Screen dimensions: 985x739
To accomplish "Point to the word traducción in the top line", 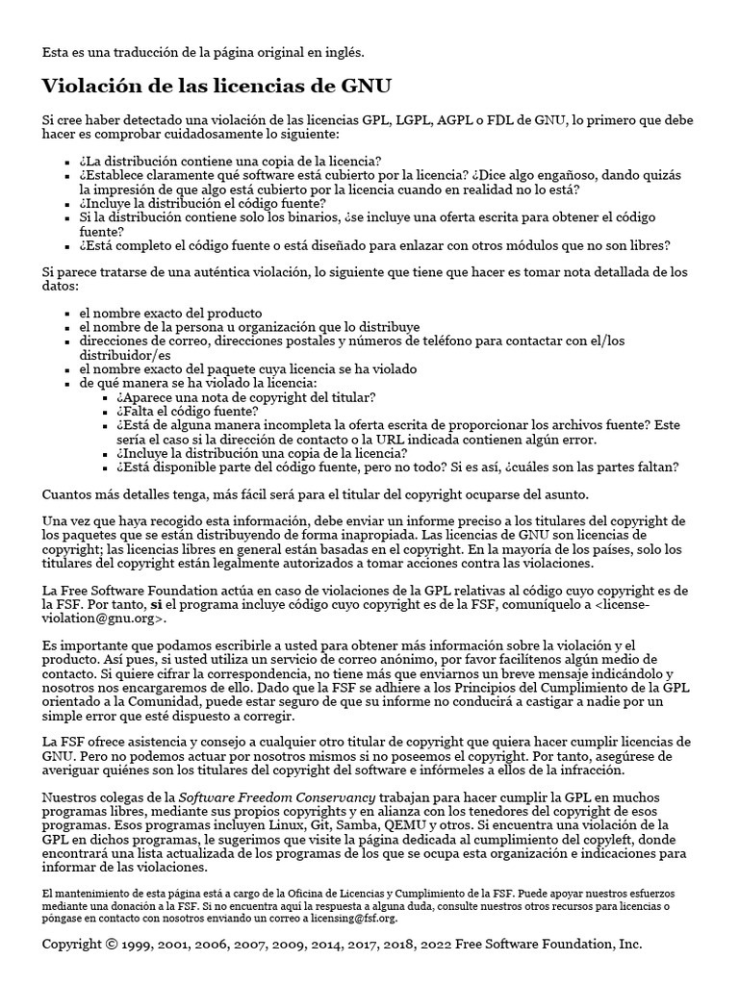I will pos(145,51).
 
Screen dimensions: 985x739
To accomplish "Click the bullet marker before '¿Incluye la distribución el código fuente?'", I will pos(66,204).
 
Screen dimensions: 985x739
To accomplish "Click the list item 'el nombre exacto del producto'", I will pos(170,313).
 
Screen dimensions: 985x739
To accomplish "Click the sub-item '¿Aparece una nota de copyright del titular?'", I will pos(245,396).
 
